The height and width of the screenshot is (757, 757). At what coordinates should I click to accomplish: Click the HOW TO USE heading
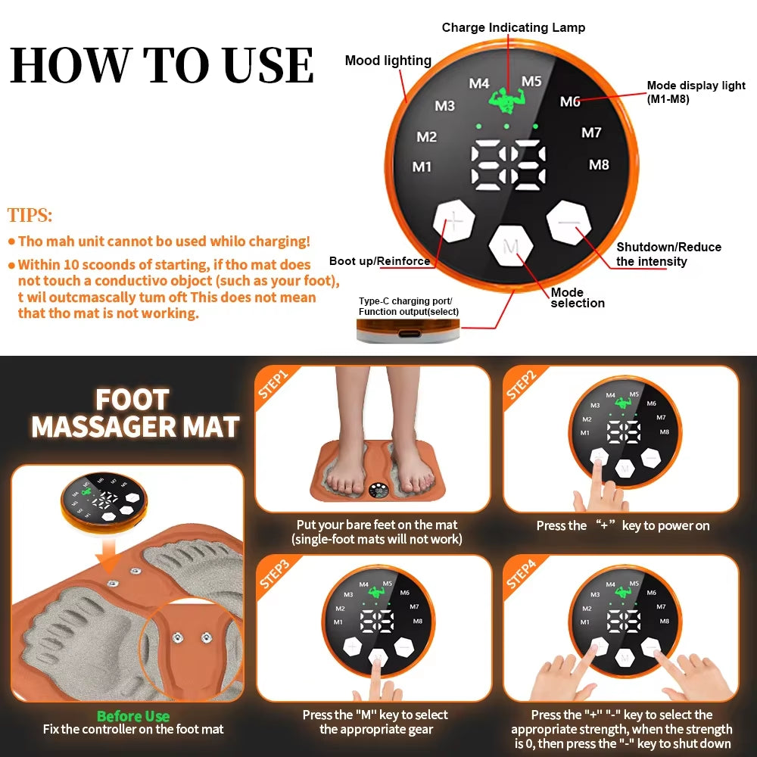pyautogui.click(x=162, y=65)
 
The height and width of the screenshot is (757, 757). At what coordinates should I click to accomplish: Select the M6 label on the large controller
pyautogui.click(x=570, y=101)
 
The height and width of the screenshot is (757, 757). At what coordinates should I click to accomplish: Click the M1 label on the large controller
pyautogui.click(x=422, y=167)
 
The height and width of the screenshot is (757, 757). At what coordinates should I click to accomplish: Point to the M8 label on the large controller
pyautogui.click(x=599, y=164)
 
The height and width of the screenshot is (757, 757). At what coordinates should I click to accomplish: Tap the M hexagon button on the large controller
pyautogui.click(x=512, y=246)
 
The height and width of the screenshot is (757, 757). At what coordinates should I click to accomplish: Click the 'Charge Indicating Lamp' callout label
pyautogui.click(x=513, y=27)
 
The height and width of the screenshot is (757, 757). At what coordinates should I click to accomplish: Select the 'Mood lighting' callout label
pyautogui.click(x=388, y=61)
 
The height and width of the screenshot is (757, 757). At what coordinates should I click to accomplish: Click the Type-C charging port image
pyautogui.click(x=408, y=331)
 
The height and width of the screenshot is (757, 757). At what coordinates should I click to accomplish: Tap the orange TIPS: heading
pyautogui.click(x=30, y=215)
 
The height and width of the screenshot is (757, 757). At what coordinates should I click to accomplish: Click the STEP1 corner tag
pyautogui.click(x=273, y=383)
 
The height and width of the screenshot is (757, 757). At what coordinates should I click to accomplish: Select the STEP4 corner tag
pyautogui.click(x=522, y=573)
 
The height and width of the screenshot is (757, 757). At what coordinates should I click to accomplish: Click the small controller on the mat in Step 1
pyautogui.click(x=382, y=491)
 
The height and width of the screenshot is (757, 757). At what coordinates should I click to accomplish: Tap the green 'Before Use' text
pyautogui.click(x=133, y=715)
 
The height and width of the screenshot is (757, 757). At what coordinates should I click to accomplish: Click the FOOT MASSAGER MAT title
pyautogui.click(x=134, y=413)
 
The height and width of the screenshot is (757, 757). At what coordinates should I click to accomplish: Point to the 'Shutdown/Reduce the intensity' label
pyautogui.click(x=668, y=254)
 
